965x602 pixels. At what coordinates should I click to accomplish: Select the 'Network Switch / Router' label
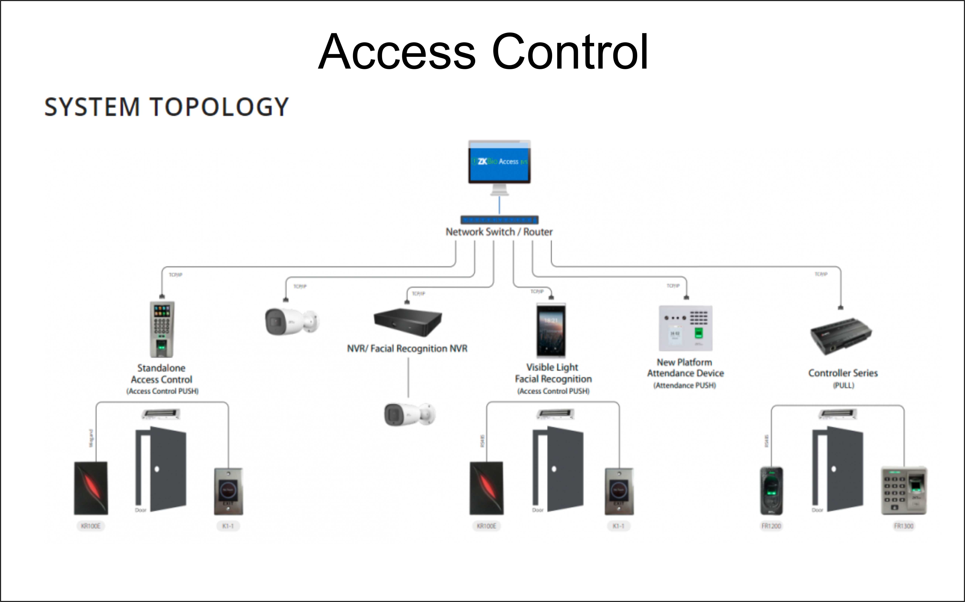click(x=499, y=232)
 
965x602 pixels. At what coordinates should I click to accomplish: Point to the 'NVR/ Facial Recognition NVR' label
click(x=407, y=349)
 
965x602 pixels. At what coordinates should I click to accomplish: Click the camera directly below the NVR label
click(x=409, y=414)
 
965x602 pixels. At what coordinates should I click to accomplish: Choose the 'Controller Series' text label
click(x=843, y=373)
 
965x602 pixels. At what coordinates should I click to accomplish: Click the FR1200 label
click(x=771, y=526)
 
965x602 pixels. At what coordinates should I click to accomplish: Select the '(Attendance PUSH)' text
click(x=685, y=385)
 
